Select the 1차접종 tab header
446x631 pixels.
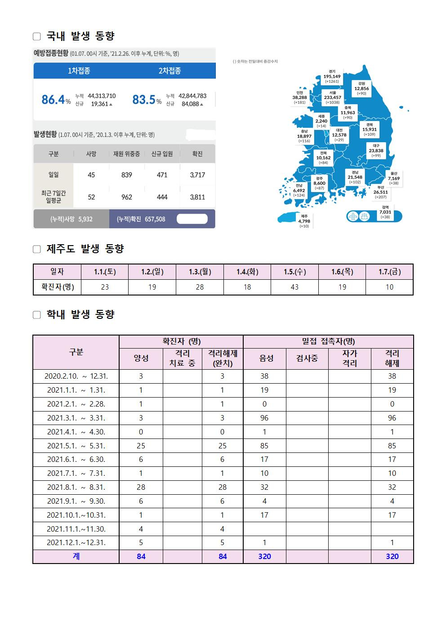pyautogui.click(x=79, y=71)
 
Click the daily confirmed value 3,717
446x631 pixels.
pyautogui.click(x=197, y=175)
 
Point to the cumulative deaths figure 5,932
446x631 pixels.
pyautogui.click(x=85, y=219)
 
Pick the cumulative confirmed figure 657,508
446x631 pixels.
pyautogui.click(x=155, y=219)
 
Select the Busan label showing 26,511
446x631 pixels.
pyautogui.click(x=380, y=192)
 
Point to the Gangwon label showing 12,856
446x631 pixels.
pyautogui.click(x=361, y=89)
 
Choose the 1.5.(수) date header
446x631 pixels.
pyautogui.click(x=294, y=272)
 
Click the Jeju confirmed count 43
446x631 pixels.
pyautogui.click(x=294, y=287)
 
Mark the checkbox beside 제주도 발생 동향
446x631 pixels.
pyautogui.click(x=37, y=249)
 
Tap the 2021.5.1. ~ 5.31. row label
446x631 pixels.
pyautogui.click(x=76, y=446)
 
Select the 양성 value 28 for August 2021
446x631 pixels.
pyautogui.click(x=141, y=487)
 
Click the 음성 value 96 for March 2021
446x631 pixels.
pyautogui.click(x=264, y=418)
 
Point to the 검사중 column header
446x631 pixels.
pyautogui.click(x=307, y=358)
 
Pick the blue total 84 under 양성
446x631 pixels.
pyautogui.click(x=141, y=556)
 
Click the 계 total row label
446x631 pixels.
pyautogui.click(x=76, y=556)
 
